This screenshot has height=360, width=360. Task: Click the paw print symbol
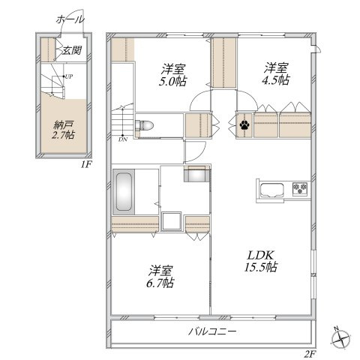coord(244,124)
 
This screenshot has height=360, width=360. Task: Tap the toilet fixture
coord(144,124)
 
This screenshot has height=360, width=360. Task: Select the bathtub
coord(124,192)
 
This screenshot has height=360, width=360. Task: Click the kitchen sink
coord(272,190)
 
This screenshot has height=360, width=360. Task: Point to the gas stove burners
coord(300,189)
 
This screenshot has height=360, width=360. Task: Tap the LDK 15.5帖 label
coord(261,261)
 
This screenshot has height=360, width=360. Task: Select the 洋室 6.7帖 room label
coord(160,277)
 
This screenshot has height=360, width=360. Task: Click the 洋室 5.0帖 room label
coord(173,75)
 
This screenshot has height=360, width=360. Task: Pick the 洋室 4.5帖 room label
coord(276,73)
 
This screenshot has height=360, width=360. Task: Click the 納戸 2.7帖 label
coord(63,130)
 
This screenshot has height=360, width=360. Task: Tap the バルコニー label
coord(212,331)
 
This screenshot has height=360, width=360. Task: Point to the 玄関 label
coord(72,51)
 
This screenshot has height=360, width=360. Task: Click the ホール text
coord(70,19)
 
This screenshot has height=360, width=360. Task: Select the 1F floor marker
coord(87,164)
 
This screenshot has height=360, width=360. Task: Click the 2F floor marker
coord(310,354)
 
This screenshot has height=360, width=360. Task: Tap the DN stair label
coord(123,139)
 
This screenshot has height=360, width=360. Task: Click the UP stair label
coord(69,76)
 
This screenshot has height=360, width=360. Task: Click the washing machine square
coord(171,220)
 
